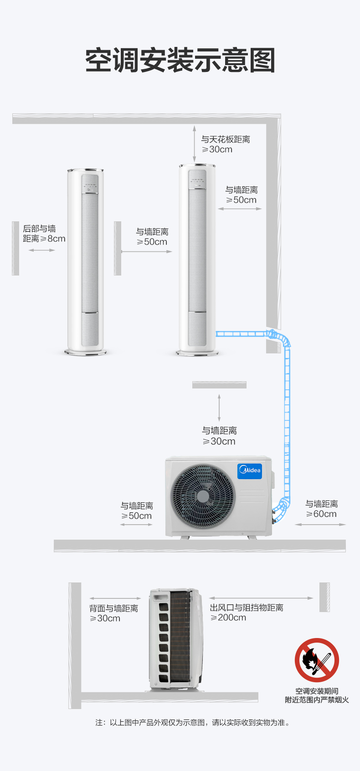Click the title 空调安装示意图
coord(180,60)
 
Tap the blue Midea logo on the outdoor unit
coord(249,471)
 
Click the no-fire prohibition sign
coord(317,660)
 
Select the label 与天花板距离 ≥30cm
coord(226,144)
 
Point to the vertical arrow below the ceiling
coord(194,143)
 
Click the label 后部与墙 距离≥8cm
coord(44,234)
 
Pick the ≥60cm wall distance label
coord(321,509)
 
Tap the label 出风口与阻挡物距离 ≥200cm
coord(247,613)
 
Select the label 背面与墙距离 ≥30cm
coord(113,613)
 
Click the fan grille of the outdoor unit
coord(203,496)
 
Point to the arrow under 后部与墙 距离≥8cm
coord(41,250)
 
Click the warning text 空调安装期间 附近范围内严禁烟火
coord(317,695)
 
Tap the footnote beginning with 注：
coord(193,722)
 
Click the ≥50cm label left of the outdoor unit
coord(136,511)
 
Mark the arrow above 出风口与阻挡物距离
coord(261,598)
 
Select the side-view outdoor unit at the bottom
coord(176,639)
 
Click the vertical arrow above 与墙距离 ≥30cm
coord(219,408)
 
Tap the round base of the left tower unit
coord(85,352)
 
